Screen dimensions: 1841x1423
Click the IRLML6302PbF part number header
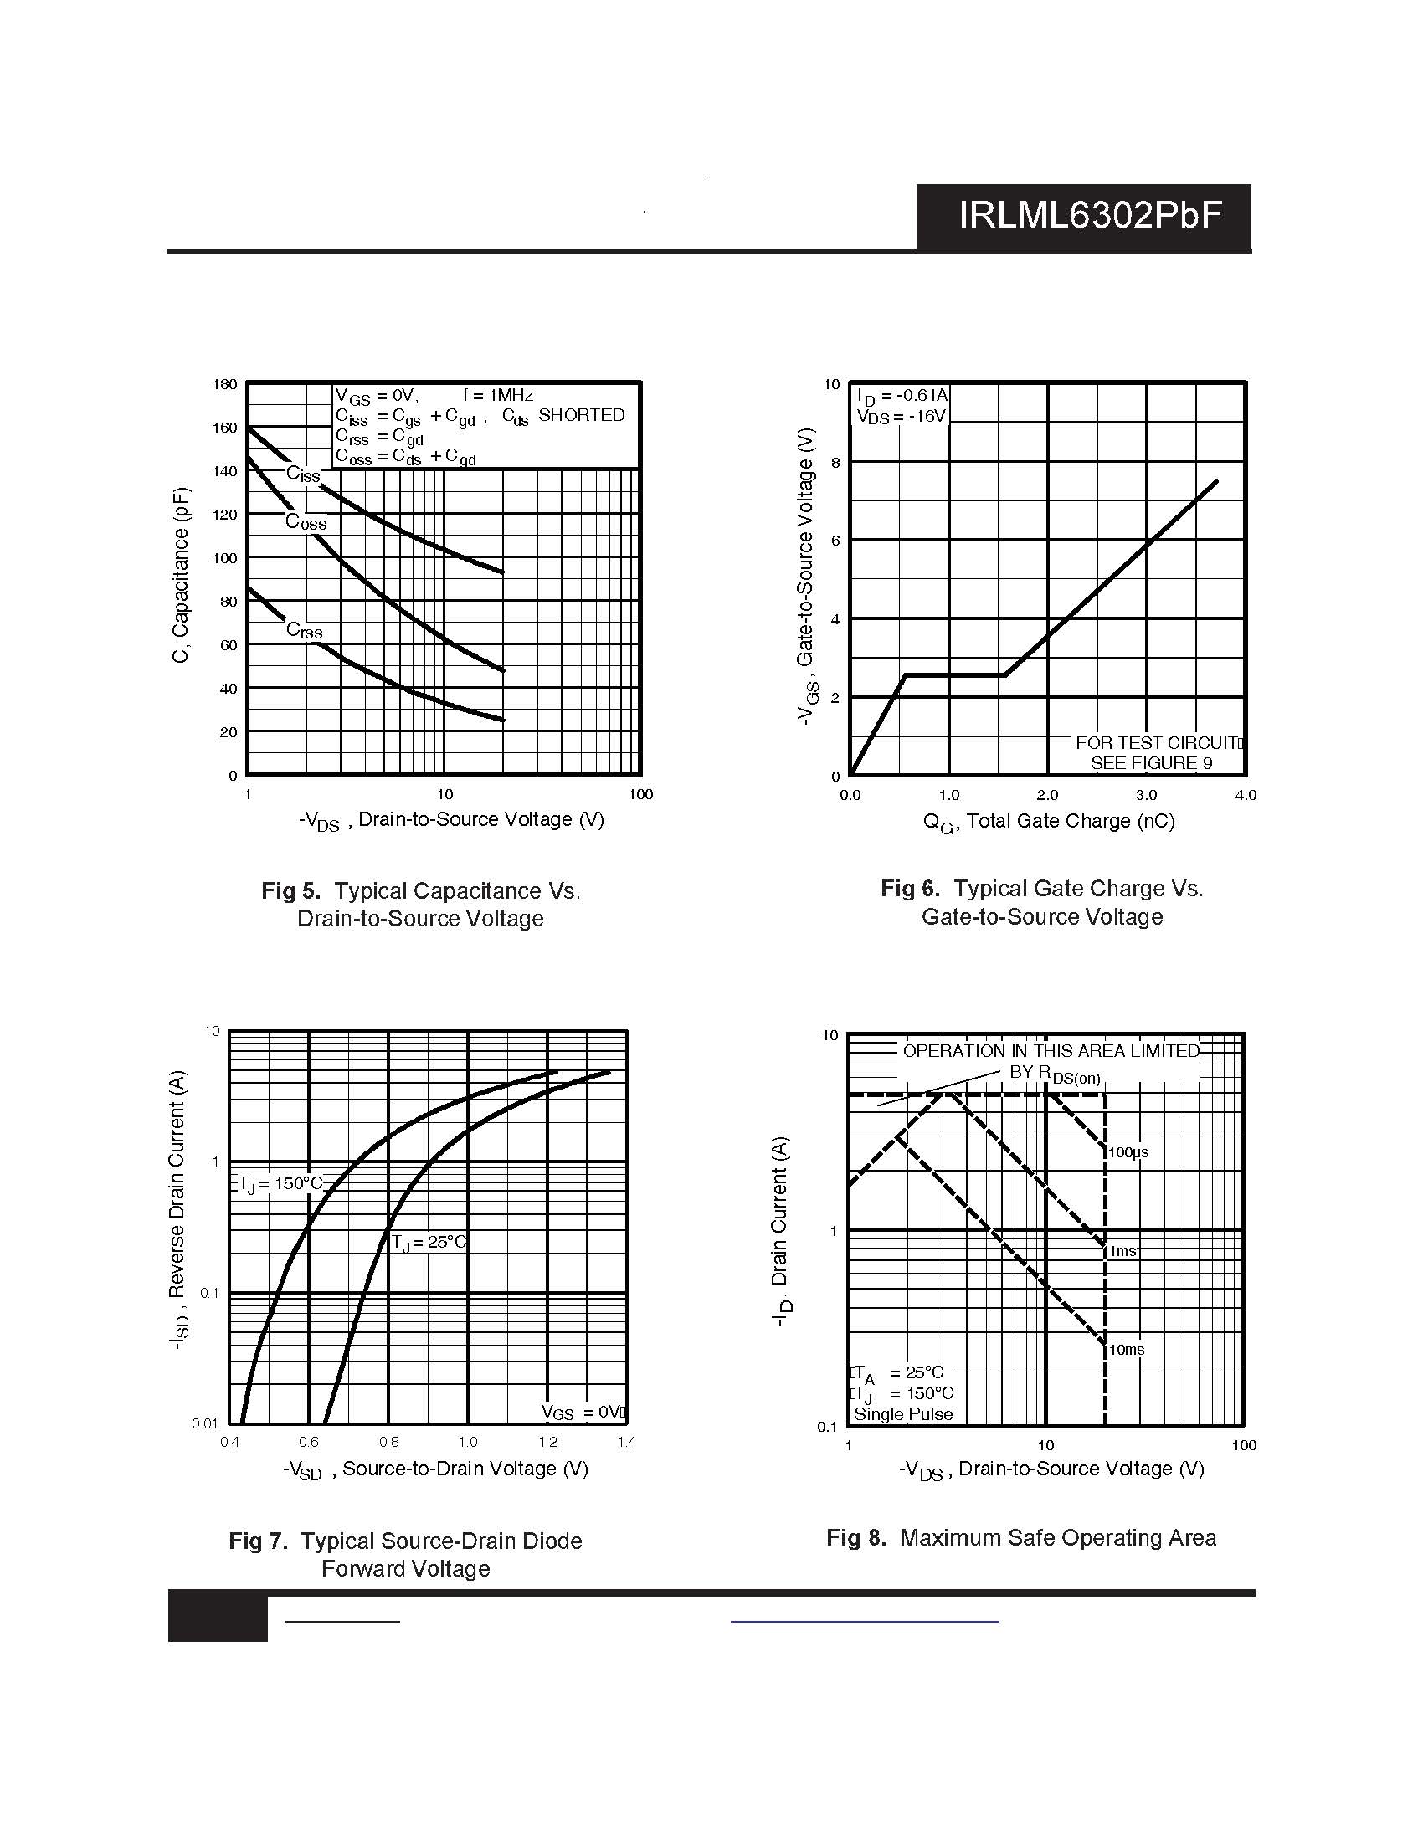click(1090, 217)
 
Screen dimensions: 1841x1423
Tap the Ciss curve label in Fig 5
click(304, 474)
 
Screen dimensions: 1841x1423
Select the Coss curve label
click(306, 523)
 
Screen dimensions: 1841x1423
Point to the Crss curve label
click(305, 630)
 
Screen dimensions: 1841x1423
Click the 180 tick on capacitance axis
click(225, 384)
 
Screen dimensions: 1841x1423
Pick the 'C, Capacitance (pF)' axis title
click(182, 576)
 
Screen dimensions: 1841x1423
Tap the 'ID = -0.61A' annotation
click(902, 395)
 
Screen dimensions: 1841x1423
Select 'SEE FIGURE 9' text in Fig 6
click(1152, 763)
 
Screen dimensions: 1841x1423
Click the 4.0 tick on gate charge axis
click(1246, 795)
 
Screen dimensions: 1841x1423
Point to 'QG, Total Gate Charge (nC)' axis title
click(1049, 822)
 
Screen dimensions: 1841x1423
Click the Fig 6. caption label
click(911, 889)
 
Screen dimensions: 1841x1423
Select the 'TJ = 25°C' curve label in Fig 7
click(429, 1243)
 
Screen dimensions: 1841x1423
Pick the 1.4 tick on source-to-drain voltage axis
click(626, 1443)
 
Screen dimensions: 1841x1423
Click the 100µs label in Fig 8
click(1128, 1152)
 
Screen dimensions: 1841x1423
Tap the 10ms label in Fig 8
click(1126, 1350)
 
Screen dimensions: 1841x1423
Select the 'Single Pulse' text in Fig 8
click(903, 1414)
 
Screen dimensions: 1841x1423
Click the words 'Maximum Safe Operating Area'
click(1058, 1537)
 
